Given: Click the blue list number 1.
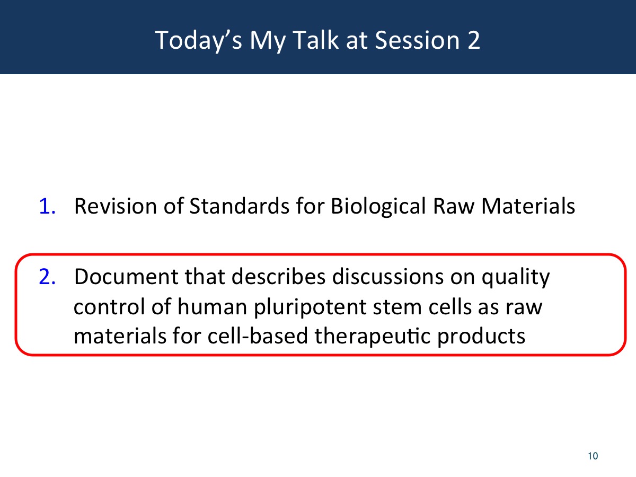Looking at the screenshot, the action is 47,207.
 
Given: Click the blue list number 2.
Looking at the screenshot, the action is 47,277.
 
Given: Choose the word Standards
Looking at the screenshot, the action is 240,206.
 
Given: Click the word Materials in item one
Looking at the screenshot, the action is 528,206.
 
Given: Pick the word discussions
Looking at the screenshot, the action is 387,277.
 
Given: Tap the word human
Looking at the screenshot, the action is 212,306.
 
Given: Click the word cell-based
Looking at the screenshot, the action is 257,336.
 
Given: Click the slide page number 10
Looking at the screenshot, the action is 593,456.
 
